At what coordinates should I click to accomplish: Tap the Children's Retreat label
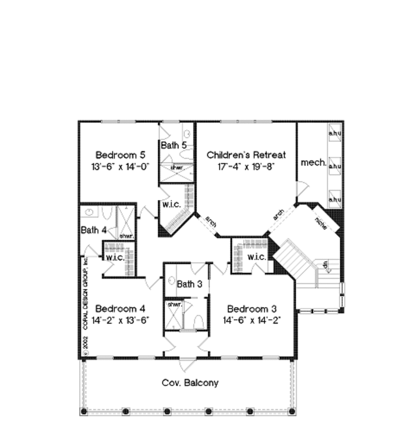pyautogui.click(x=246, y=155)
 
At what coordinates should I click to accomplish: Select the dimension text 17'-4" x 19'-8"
pyautogui.click(x=246, y=166)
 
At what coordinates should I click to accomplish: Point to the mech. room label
pyautogui.click(x=314, y=162)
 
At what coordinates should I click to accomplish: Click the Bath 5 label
pyautogui.click(x=174, y=145)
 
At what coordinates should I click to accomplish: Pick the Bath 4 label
pyautogui.click(x=93, y=230)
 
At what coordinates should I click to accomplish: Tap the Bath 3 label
pyautogui.click(x=189, y=284)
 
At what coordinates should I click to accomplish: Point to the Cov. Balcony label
pyautogui.click(x=190, y=382)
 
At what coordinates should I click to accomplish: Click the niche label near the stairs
pyautogui.click(x=321, y=224)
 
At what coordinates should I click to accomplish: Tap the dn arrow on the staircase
pyautogui.click(x=325, y=265)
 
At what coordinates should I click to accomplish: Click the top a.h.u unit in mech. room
pyautogui.click(x=335, y=133)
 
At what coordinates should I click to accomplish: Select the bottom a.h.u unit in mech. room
pyautogui.click(x=335, y=199)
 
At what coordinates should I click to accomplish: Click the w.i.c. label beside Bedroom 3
pyautogui.click(x=257, y=257)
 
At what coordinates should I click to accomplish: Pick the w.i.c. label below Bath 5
pyautogui.click(x=172, y=204)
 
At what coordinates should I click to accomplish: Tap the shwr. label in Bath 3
pyautogui.click(x=174, y=304)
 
